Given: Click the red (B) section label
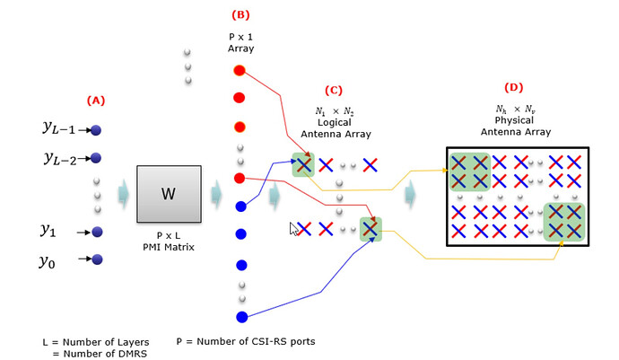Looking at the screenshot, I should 240,14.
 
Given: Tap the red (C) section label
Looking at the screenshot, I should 335,90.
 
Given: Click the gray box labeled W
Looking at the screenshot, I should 168,193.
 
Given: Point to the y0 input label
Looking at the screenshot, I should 48,261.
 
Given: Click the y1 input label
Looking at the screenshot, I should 48,230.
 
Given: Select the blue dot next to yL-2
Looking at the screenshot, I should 96,158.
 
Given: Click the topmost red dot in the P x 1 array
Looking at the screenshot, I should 240,69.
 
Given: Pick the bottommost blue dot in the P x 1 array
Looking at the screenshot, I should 240,316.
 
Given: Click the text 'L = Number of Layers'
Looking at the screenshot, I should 95,342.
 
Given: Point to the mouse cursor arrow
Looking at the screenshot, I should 292,228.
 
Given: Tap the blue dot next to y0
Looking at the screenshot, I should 97,259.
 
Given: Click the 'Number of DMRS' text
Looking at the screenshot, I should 100,354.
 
